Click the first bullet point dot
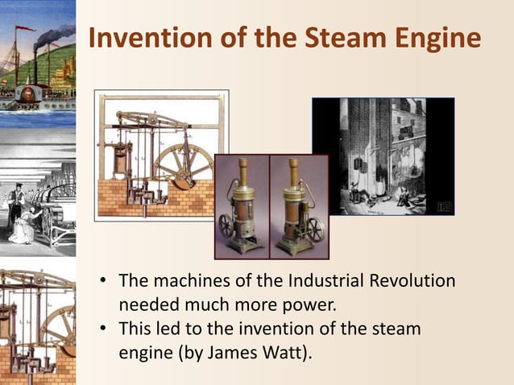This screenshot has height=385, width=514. [x=104, y=283]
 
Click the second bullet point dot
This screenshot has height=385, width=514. [x=104, y=329]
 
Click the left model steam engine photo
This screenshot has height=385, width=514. [x=240, y=206]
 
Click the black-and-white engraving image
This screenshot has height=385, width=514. [x=383, y=155]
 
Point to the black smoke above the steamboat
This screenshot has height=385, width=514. [x=55, y=34]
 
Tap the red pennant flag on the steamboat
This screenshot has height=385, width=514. [x=27, y=29]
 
